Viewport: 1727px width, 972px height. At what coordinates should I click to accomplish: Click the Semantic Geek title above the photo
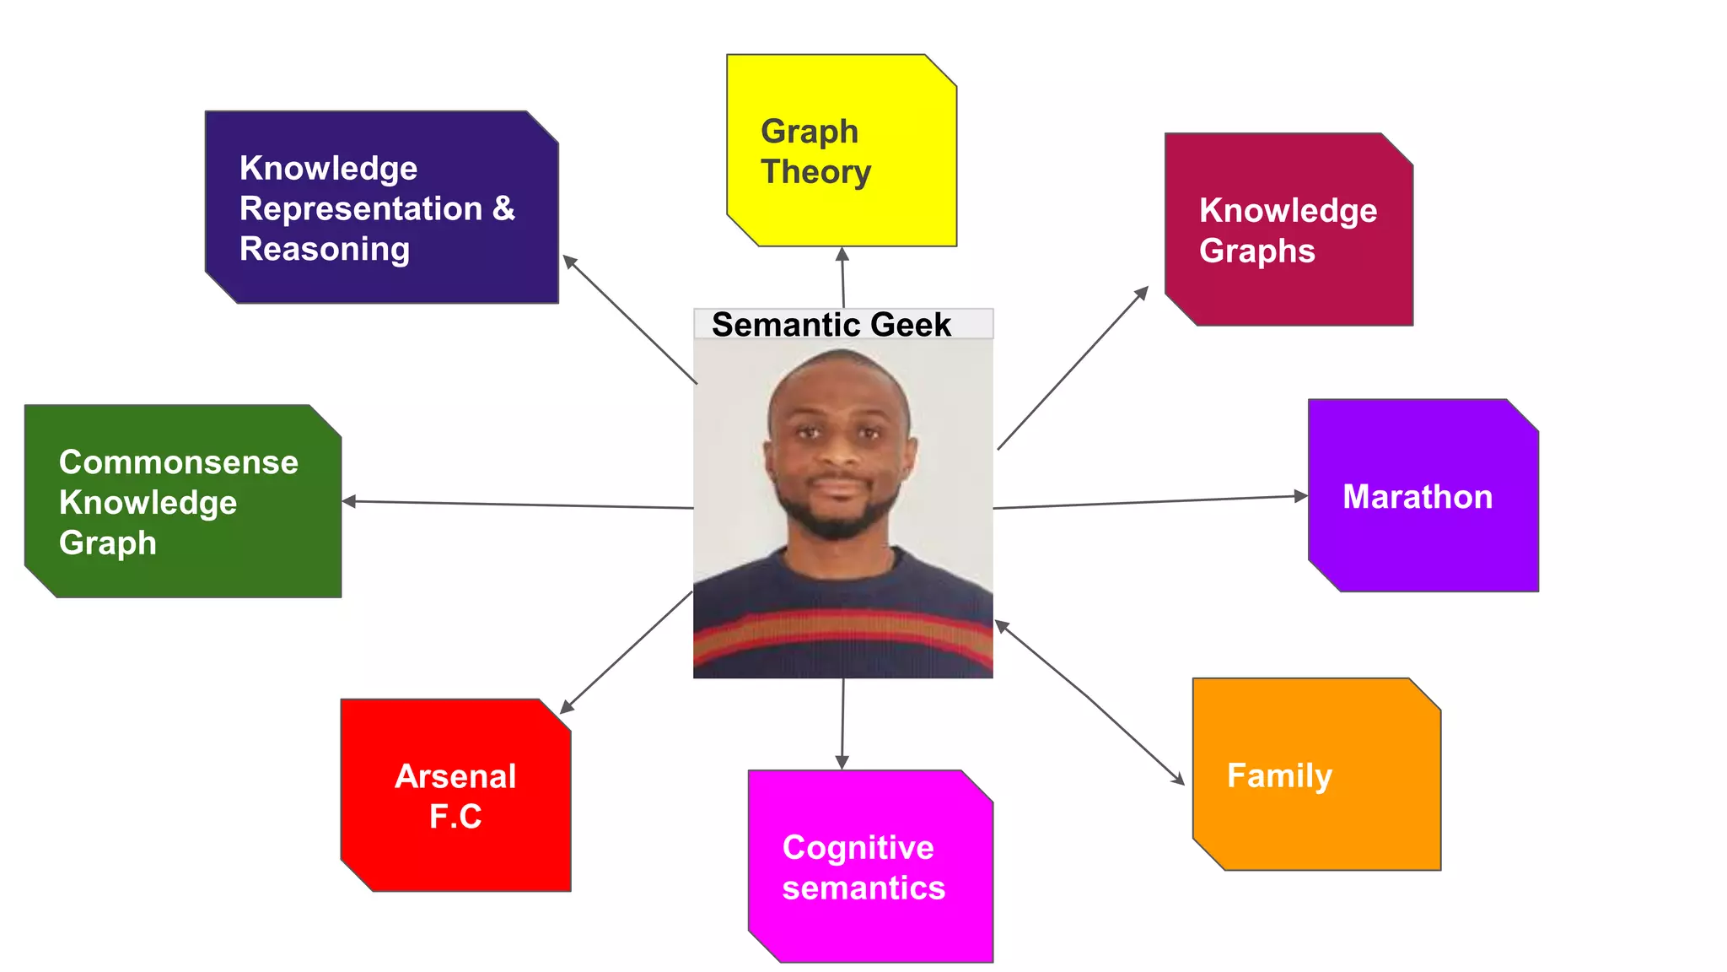[x=831, y=325]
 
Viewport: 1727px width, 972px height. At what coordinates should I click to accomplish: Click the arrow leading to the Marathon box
[x=1150, y=502]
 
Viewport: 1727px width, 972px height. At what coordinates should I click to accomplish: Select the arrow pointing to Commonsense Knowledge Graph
[x=518, y=505]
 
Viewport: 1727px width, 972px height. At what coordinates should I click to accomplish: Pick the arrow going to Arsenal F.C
[x=626, y=652]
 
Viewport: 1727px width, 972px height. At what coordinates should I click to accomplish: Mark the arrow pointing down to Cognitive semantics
[x=842, y=723]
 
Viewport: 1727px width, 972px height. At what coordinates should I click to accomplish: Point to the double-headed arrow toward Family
[x=1089, y=703]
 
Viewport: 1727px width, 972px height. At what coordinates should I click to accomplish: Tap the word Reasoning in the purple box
[x=325, y=250]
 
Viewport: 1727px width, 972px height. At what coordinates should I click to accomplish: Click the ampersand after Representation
[x=503, y=208]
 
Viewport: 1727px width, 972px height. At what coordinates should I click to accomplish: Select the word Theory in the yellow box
[x=815, y=172]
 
